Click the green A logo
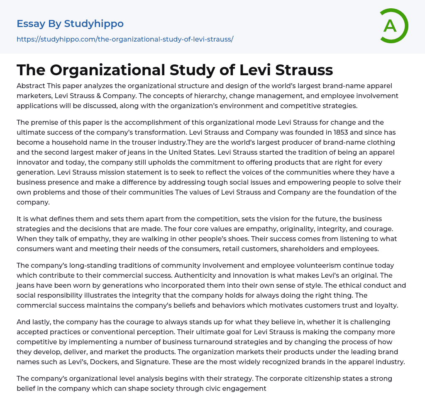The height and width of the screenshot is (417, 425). click(393, 26)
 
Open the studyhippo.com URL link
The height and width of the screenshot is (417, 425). click(125, 39)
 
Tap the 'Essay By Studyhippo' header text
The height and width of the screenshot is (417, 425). click(70, 24)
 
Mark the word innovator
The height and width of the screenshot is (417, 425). click(34, 162)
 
